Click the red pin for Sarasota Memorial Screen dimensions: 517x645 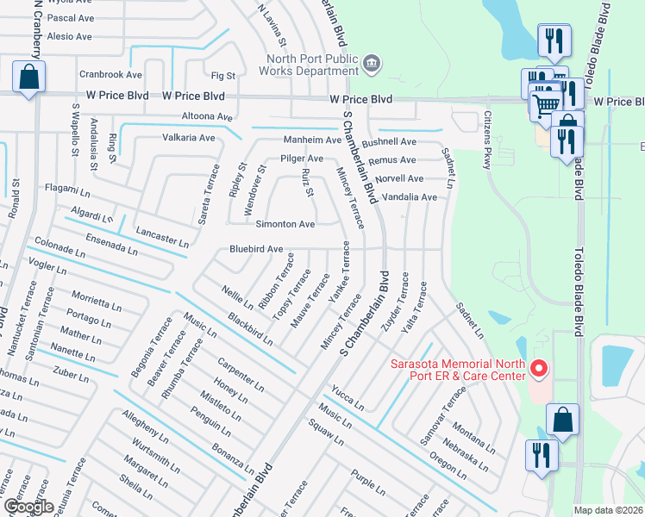pyautogui.click(x=540, y=370)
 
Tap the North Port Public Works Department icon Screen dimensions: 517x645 pyautogui.click(x=372, y=62)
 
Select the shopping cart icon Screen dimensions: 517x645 pyautogui.click(x=546, y=104)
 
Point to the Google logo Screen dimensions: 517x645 pyautogui.click(x=28, y=507)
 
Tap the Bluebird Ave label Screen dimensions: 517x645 pyautogui.click(x=256, y=249)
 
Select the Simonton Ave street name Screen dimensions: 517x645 pyautogui.click(x=285, y=224)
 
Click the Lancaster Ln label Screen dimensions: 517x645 pyautogui.click(x=162, y=237)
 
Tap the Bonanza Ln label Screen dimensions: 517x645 pyautogui.click(x=233, y=459)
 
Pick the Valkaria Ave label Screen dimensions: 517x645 pyautogui.click(x=189, y=138)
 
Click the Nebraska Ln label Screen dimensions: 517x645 pyautogui.click(x=464, y=452)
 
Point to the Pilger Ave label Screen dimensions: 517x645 pyautogui.click(x=302, y=159)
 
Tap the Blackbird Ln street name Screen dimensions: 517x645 pyautogui.click(x=250, y=327)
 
